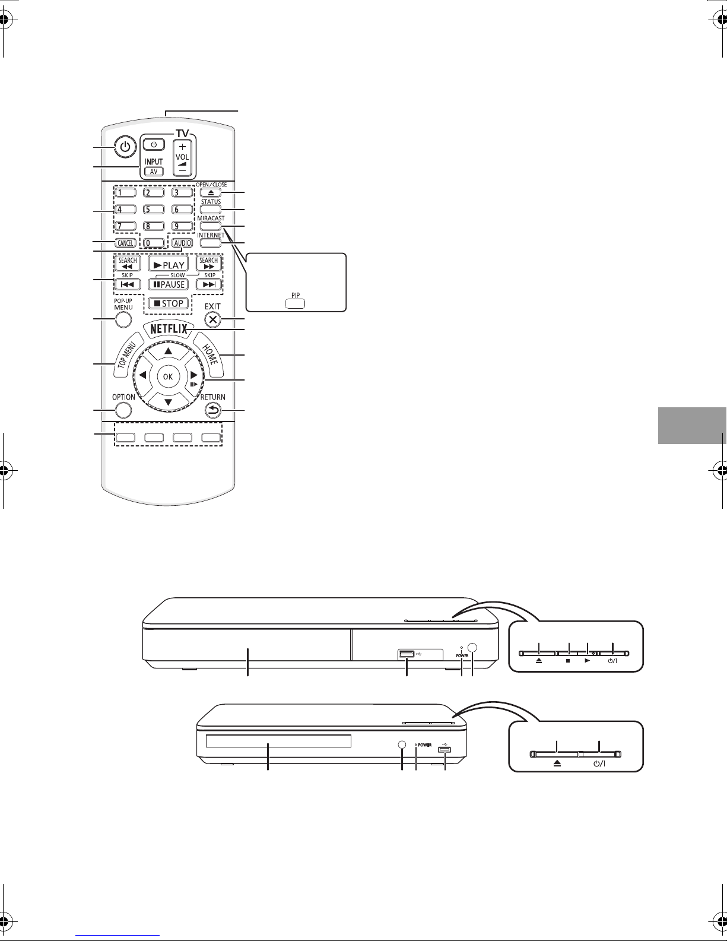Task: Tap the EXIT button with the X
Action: coord(212,319)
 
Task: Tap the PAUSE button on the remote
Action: coord(167,284)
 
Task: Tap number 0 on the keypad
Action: coord(153,242)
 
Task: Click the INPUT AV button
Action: coord(152,171)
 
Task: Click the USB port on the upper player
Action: coord(407,654)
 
